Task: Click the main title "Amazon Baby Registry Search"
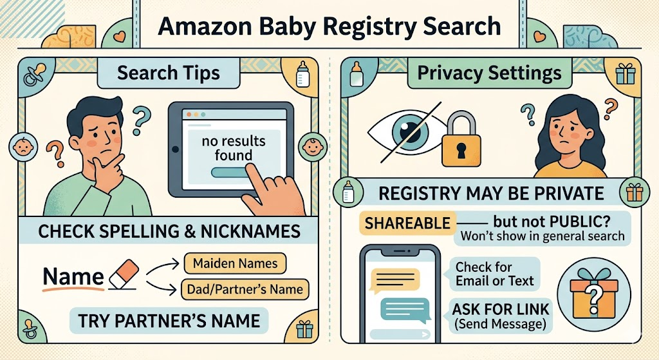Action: pos(329,26)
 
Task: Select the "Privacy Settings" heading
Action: pos(489,73)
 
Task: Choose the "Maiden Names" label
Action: pos(235,263)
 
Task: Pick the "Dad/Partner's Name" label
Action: pos(244,289)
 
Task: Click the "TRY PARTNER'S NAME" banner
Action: pos(169,320)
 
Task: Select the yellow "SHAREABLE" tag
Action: pos(407,223)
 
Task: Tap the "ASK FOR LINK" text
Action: pos(501,308)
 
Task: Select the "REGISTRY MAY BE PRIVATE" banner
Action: pos(490,193)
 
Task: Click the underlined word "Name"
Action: pos(73,277)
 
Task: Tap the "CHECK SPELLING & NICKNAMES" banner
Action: pos(169,231)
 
